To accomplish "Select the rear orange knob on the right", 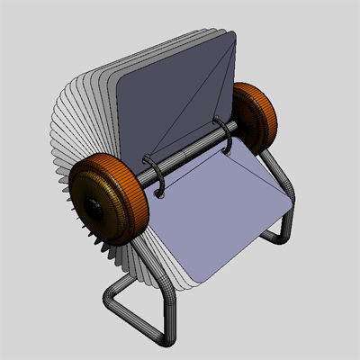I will pos(255,116).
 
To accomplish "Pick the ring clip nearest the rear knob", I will pos(226,135).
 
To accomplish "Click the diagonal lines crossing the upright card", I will pos(193,99).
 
